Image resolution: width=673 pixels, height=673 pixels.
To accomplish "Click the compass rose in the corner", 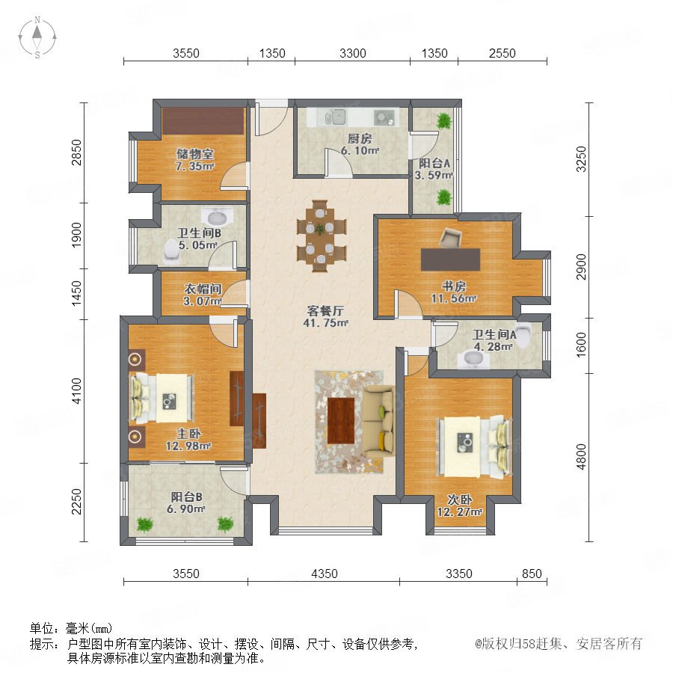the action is (x=37, y=37).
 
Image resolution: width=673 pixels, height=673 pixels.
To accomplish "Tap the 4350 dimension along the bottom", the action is (x=324, y=574).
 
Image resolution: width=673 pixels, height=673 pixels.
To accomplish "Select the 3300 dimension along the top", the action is (x=352, y=53).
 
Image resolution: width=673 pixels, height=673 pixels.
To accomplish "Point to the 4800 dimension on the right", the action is (x=581, y=457).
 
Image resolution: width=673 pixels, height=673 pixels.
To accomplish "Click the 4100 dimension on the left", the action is (x=76, y=390).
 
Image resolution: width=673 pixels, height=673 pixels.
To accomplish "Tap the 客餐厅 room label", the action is (x=325, y=310).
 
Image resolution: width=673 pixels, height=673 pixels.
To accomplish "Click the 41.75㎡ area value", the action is (x=325, y=323).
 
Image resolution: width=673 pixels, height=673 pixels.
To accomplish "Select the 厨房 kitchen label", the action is (x=359, y=138).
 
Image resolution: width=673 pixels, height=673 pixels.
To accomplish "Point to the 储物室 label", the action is (x=194, y=153).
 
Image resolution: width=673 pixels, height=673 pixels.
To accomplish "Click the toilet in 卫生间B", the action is (x=172, y=251).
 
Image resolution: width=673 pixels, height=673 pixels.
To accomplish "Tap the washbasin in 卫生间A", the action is (x=473, y=359).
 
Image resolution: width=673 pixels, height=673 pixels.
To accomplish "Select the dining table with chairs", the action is (x=321, y=236).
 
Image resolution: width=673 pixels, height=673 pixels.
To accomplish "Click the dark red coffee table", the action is (x=341, y=420).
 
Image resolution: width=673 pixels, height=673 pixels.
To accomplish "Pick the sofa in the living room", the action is (x=378, y=420).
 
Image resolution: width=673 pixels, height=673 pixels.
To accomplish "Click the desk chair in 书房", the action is (x=450, y=237).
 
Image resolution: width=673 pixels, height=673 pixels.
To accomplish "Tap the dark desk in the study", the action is (x=450, y=259).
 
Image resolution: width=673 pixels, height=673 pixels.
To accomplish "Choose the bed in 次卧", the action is (x=474, y=447).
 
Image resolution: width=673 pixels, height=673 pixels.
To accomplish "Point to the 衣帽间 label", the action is (x=203, y=289).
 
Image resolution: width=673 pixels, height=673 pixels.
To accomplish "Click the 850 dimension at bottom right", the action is (x=532, y=574).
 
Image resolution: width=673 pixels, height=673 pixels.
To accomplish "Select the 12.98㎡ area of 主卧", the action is (x=188, y=446).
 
